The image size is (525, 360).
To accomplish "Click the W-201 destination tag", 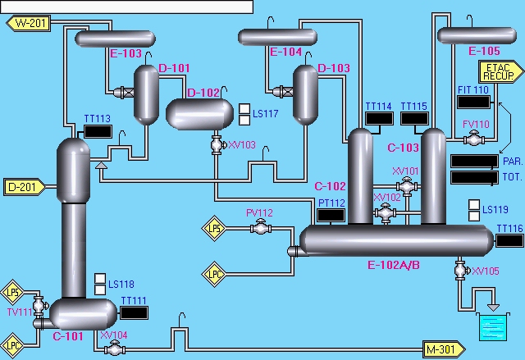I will point(29,23).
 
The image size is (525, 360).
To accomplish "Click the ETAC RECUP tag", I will point(495,71).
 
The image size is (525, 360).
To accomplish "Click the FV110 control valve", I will point(473,139).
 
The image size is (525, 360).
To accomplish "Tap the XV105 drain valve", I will point(459,270).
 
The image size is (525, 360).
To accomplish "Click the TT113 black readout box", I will point(98,131).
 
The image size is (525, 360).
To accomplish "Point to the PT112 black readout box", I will point(331,216).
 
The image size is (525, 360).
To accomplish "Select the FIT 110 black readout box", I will point(472,102).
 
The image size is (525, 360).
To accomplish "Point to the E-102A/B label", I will point(394,265).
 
